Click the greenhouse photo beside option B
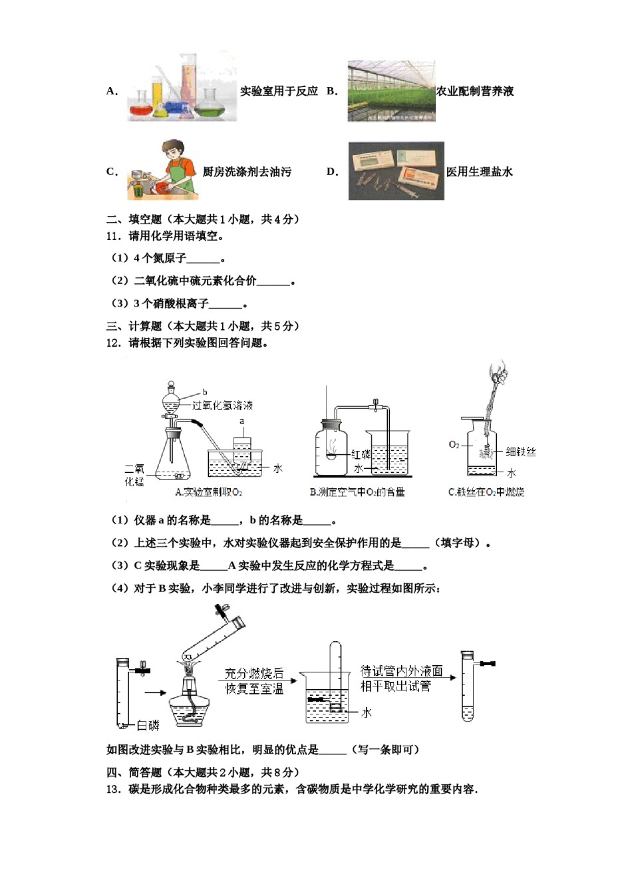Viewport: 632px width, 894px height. click(391, 91)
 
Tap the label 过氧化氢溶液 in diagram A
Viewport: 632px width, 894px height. click(222, 405)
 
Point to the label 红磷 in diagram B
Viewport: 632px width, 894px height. click(361, 454)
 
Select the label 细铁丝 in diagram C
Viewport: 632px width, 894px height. click(520, 452)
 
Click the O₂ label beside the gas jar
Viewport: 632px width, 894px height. click(454, 444)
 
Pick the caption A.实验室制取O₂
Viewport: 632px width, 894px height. click(208, 492)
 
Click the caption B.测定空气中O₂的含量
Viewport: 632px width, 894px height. click(357, 492)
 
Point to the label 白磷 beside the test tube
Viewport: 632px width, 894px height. click(148, 725)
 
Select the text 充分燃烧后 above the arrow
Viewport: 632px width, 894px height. click(254, 673)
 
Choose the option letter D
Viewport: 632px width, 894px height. click(332, 172)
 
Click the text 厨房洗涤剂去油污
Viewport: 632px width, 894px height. click(247, 172)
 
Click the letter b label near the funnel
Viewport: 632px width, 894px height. click(205, 392)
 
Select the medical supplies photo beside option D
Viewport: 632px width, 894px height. click(396, 171)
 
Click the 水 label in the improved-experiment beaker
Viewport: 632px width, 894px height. click(366, 712)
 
